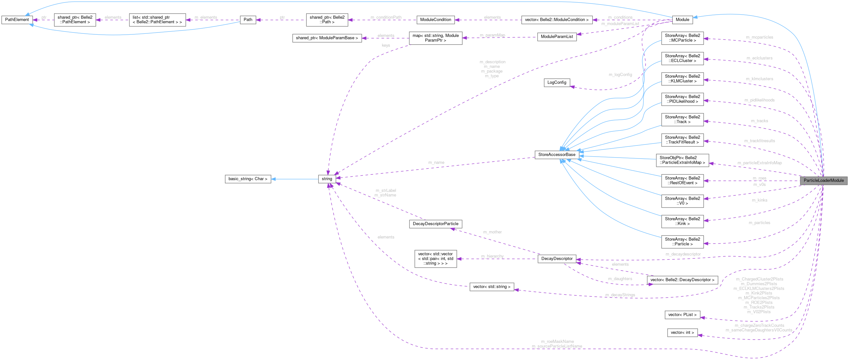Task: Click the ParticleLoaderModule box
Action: pos(823,180)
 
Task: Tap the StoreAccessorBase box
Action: pos(557,155)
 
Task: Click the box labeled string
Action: pos(327,179)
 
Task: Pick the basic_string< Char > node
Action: pos(247,179)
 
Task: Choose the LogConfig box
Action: pos(557,82)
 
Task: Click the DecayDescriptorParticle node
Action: pos(435,224)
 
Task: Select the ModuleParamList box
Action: pos(557,37)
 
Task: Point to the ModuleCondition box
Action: pos(435,20)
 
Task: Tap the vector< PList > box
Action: pos(682,315)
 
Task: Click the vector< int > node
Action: pos(682,333)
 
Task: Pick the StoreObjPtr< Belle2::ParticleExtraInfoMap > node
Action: pos(682,160)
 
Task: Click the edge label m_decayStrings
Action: pos(620,295)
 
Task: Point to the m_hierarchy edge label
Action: pos(492,257)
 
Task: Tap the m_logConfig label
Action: pos(620,75)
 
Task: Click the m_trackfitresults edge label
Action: pos(759,141)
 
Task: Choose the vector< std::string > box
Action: pos(491,287)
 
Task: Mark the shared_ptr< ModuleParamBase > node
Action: pos(327,38)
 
